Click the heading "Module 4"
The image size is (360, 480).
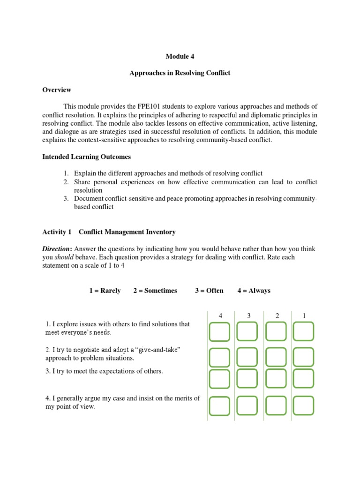coord(180,56)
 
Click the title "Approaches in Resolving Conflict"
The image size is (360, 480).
coord(180,74)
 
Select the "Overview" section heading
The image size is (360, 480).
coord(57,90)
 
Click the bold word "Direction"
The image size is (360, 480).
coord(57,249)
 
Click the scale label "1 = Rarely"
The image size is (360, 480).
coord(105,291)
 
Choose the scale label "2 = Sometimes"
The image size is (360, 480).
coord(155,291)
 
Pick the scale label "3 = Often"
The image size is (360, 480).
coord(209,291)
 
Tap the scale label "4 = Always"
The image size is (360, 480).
coord(254,291)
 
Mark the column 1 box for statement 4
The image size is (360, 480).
coord(303,405)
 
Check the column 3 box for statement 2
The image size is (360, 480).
coord(247,357)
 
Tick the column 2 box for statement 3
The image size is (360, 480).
coord(276,379)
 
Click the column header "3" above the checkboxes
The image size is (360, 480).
coord(249,316)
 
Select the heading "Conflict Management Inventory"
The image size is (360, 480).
coord(127,232)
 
